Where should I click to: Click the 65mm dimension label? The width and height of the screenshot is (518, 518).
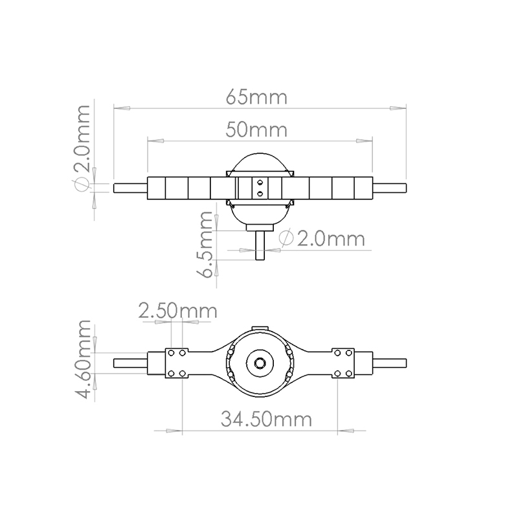256,98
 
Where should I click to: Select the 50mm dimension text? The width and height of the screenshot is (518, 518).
256,130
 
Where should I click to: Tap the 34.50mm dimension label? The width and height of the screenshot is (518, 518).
266,419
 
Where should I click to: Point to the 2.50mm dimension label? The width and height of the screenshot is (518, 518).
177,311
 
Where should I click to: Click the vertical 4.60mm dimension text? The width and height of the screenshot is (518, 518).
82,359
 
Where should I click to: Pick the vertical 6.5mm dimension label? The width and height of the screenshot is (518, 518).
203,245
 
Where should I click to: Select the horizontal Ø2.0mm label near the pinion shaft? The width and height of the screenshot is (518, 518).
322,238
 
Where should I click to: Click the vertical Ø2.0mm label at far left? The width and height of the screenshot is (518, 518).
82,148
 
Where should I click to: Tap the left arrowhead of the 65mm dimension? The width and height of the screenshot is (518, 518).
122,108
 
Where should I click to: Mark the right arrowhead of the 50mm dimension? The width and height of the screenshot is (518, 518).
364,141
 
